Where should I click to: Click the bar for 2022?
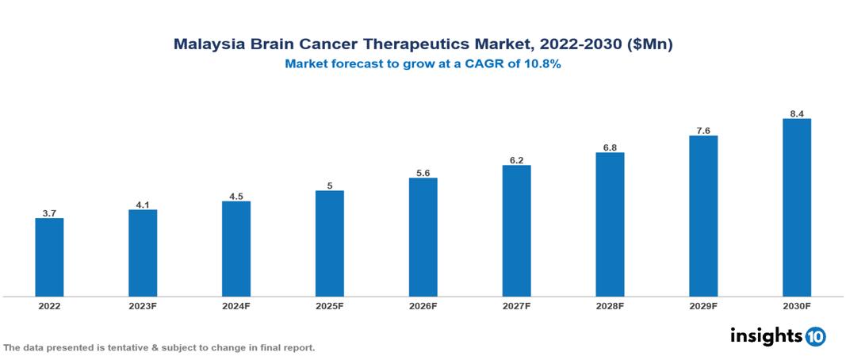49,257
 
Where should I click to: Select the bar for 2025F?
329,243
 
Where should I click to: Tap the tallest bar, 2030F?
796,208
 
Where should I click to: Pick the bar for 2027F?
516,231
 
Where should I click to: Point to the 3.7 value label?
49,213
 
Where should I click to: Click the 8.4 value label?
797,113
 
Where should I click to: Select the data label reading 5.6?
423,173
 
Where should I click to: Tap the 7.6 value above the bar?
703,130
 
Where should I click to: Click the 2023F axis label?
143,306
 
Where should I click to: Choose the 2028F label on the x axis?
610,306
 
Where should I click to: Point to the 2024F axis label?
236,306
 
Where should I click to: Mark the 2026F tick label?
423,306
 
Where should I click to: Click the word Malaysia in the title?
208,45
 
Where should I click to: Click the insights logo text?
766,335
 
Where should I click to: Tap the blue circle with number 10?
815,336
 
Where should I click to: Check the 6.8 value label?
610,147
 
